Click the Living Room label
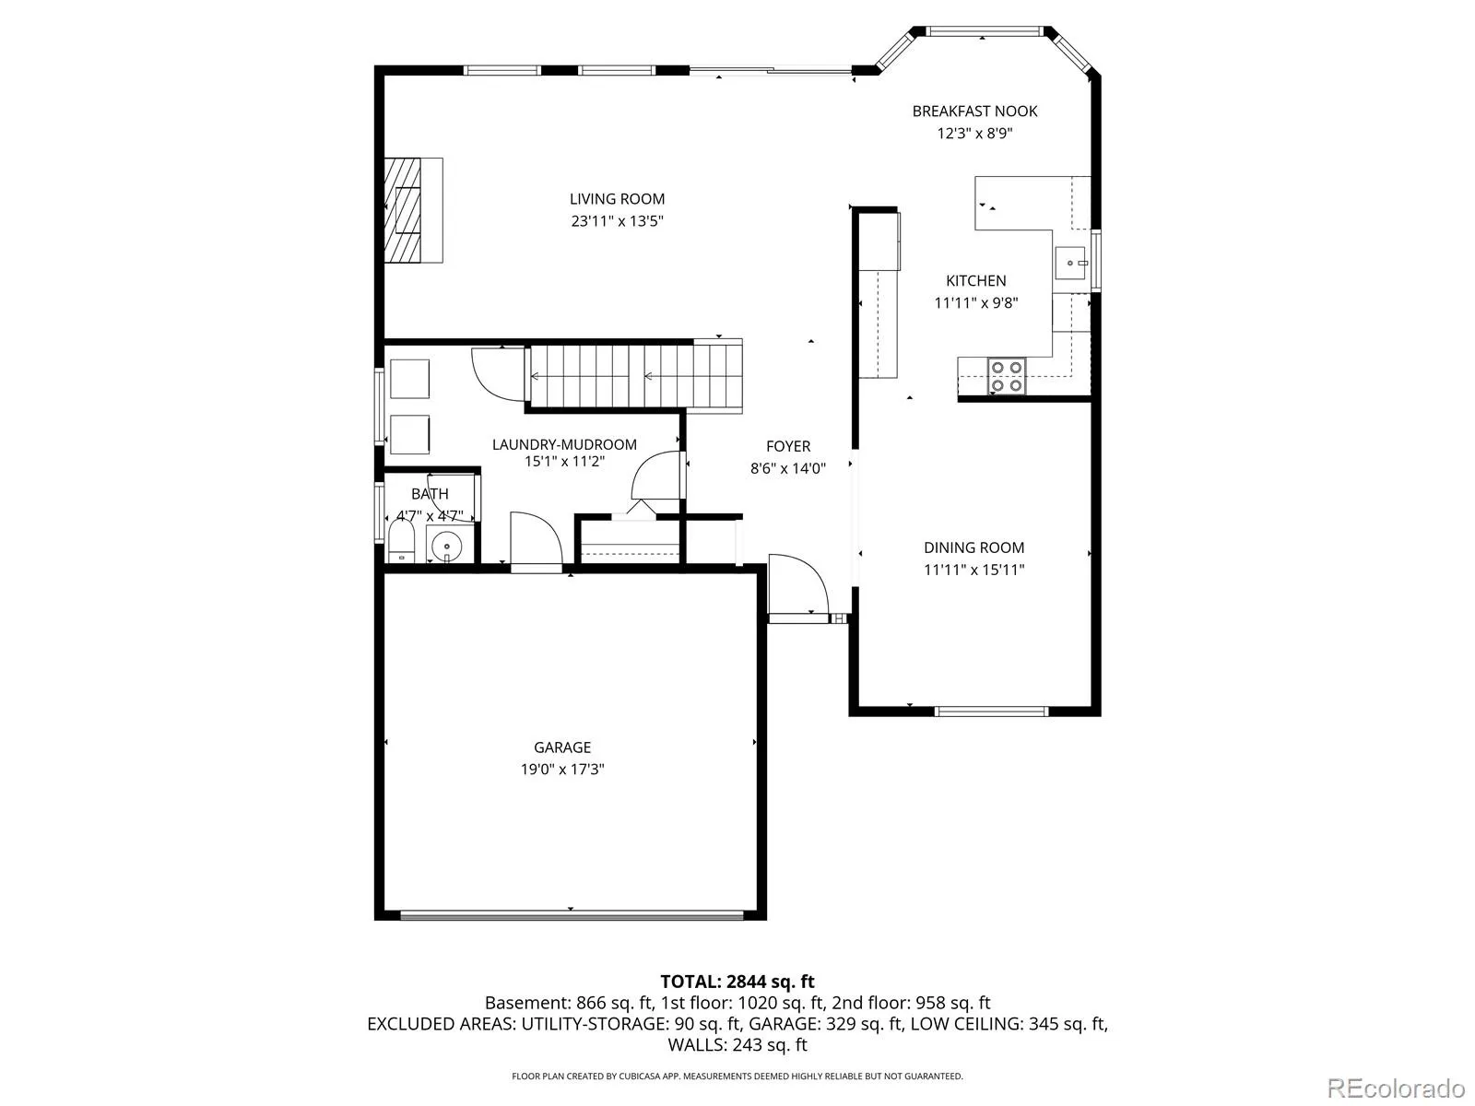pyautogui.click(x=616, y=199)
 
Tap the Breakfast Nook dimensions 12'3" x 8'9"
pyautogui.click(x=973, y=133)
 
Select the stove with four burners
pyautogui.click(x=1006, y=376)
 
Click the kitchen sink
pyautogui.click(x=1069, y=263)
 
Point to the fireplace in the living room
pyautogui.click(x=413, y=210)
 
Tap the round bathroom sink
pyautogui.click(x=445, y=547)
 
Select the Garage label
pyautogui.click(x=561, y=747)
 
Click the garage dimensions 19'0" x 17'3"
pyautogui.click(x=561, y=769)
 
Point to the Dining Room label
pyautogui.click(x=973, y=547)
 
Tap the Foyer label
pyautogui.click(x=787, y=446)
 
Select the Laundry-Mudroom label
pyautogui.click(x=564, y=444)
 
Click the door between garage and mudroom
pyautogui.click(x=537, y=543)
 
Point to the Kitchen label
pyautogui.click(x=975, y=281)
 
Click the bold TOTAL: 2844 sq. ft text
pyautogui.click(x=737, y=982)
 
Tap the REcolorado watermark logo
pyautogui.click(x=1396, y=1088)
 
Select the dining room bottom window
pyautogui.click(x=990, y=712)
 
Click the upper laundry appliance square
pyautogui.click(x=409, y=379)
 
